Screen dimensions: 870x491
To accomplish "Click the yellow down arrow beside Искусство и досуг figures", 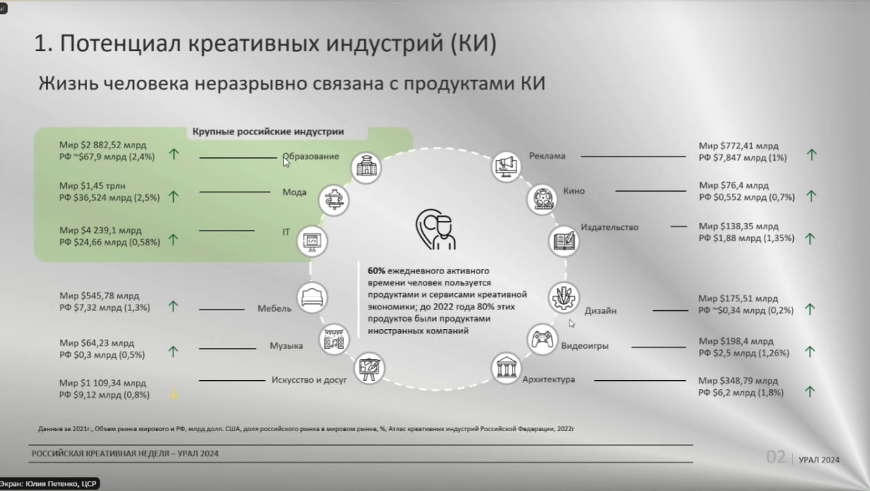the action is [175, 393].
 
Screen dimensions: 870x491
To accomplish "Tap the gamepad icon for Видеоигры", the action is [542, 339].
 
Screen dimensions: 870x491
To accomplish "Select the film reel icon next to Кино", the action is [542, 199].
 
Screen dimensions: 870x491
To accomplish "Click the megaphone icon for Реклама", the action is [506, 167].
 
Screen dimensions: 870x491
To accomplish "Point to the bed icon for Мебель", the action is [312, 298].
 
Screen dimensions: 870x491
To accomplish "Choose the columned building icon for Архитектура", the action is [506, 368].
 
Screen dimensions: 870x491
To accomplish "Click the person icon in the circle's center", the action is [436, 230].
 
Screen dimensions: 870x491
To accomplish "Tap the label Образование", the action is [311, 156].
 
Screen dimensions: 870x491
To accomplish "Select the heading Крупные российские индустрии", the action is [268, 132].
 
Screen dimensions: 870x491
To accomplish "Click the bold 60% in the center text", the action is [376, 271].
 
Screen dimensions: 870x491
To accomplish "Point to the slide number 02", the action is [776, 457].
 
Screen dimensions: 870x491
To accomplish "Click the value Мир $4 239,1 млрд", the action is [100, 231].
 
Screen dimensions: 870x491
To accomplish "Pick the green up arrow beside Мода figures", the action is [173, 197].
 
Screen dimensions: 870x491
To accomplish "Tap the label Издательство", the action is [610, 227].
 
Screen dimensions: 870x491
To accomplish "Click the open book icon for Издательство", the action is [563, 241].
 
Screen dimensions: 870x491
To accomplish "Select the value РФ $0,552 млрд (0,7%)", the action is [747, 197].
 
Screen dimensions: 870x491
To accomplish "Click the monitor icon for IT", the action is [312, 241].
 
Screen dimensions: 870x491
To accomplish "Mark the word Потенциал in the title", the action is [120, 43].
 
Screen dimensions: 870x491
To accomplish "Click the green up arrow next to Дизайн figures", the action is [810, 309].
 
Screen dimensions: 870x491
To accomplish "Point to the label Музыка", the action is [286, 345].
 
